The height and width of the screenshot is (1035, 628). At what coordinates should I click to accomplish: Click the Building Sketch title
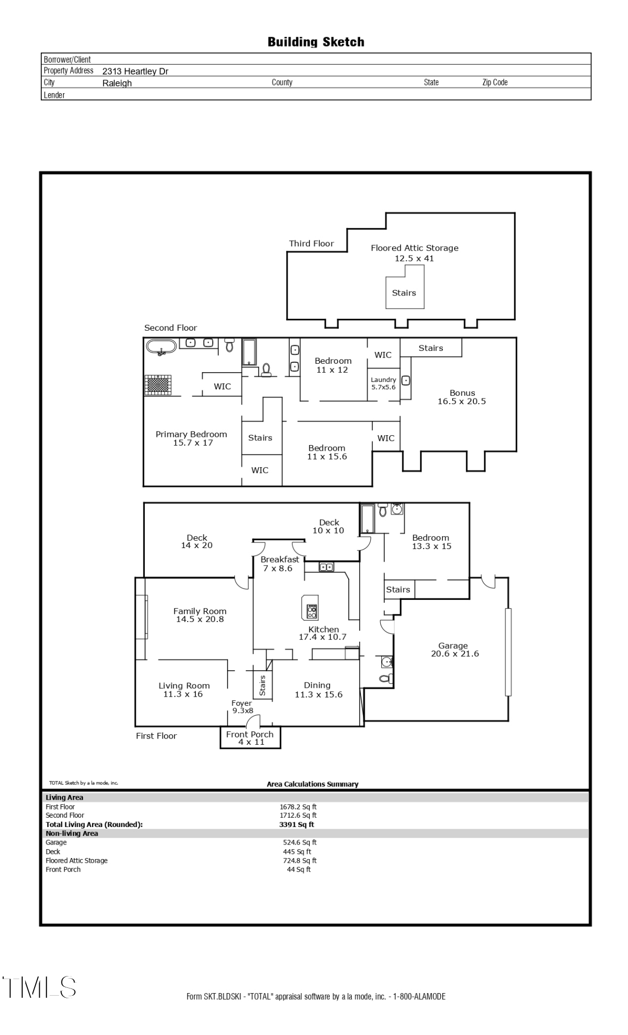click(316, 42)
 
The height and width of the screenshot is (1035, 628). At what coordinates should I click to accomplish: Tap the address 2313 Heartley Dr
click(135, 71)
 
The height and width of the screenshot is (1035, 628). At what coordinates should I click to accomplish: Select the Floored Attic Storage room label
click(414, 248)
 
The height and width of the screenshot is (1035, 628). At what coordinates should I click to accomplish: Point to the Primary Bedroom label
click(191, 434)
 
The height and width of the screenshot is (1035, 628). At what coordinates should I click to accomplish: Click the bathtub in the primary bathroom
click(161, 347)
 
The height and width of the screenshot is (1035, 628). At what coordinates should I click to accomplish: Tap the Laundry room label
click(383, 379)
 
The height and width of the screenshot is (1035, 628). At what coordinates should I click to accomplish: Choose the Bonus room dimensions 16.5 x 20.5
click(461, 401)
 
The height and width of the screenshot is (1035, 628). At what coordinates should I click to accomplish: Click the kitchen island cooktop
click(312, 612)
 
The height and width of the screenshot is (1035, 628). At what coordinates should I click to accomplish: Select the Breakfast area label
click(280, 559)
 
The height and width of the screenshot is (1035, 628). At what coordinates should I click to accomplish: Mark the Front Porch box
click(250, 737)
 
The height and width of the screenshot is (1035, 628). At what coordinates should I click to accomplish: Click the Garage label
click(453, 645)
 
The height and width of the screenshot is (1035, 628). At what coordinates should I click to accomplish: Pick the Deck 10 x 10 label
click(328, 526)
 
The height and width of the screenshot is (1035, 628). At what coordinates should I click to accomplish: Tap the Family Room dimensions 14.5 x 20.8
click(200, 619)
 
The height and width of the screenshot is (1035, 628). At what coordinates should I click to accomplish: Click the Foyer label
click(242, 703)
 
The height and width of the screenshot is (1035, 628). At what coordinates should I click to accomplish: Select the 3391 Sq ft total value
click(296, 824)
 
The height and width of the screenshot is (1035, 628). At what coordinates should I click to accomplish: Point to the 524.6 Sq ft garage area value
click(300, 842)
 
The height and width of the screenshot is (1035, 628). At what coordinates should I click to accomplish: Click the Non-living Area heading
click(72, 833)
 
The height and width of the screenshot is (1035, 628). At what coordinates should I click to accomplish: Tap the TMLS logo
click(39, 987)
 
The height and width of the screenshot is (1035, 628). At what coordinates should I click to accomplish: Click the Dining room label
click(317, 685)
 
